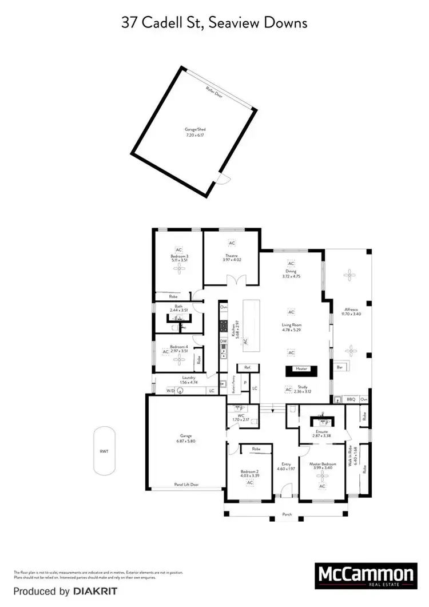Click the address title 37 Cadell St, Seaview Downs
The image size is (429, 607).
(214, 23)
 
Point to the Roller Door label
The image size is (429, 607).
(215, 91)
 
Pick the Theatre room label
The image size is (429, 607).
(232, 257)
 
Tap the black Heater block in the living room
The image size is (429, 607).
(301, 370)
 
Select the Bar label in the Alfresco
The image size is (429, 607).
(339, 367)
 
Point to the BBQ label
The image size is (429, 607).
(351, 399)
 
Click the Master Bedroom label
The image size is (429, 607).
(323, 465)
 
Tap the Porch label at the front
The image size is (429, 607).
(287, 514)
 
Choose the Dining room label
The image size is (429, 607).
(291, 273)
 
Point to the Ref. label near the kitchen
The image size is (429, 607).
(248, 367)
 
